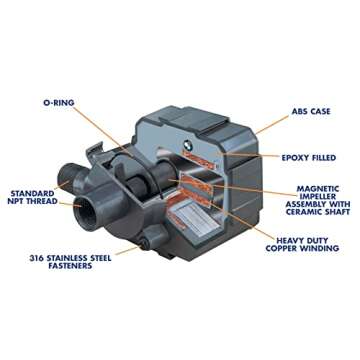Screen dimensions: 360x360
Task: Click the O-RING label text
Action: click(61, 102)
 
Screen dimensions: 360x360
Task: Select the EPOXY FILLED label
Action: click(313, 158)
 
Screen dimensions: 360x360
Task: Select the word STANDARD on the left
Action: click(30, 191)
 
